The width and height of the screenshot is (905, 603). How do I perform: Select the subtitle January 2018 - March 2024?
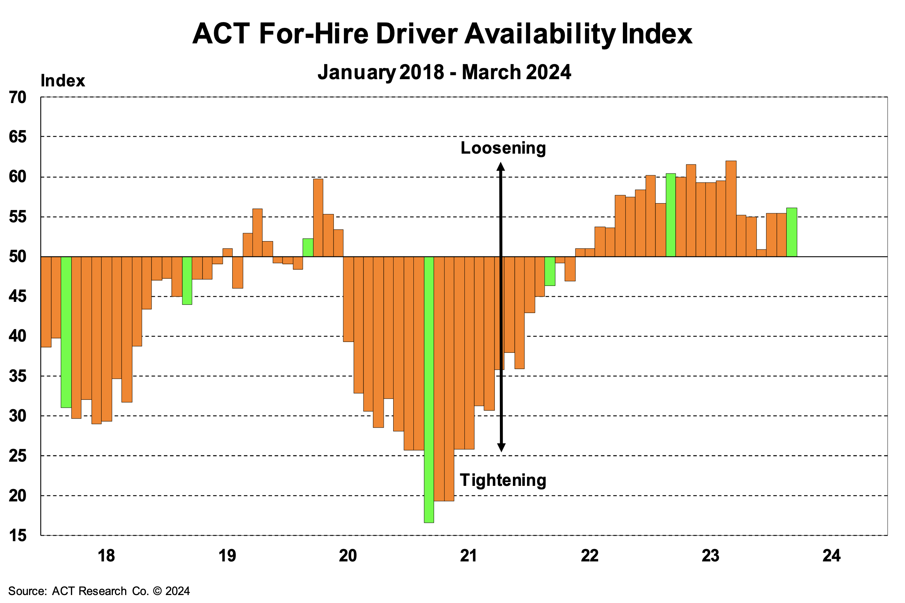pos(444,72)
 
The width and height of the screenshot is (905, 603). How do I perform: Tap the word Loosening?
pos(503,148)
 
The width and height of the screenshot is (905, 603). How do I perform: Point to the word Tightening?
pos(503,480)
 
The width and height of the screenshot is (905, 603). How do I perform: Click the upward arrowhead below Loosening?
pos(501,167)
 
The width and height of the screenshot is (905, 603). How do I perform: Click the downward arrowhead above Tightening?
pos(501,448)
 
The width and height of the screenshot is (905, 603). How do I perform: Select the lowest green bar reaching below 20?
pos(429,389)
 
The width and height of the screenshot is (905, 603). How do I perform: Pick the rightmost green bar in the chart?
pos(791,232)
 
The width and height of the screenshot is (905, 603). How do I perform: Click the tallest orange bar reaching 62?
pos(731,209)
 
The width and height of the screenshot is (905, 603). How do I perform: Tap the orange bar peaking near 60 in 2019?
pos(318,218)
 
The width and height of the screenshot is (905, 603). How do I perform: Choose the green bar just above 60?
pos(671,215)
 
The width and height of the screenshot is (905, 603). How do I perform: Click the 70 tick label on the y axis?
pos(18,98)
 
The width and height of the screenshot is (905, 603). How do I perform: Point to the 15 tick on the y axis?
pos(18,536)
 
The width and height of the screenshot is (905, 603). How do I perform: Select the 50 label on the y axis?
pos(18,257)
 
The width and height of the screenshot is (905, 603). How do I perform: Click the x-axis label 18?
pos(106,556)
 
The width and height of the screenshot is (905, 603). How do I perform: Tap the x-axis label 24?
pos(831,556)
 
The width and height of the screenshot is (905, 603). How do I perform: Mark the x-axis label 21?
pos(468,556)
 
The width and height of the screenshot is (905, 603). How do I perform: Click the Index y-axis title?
pos(63,81)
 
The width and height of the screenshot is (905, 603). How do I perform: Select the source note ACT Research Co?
pos(99,591)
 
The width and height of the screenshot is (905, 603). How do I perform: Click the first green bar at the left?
pos(66,332)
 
